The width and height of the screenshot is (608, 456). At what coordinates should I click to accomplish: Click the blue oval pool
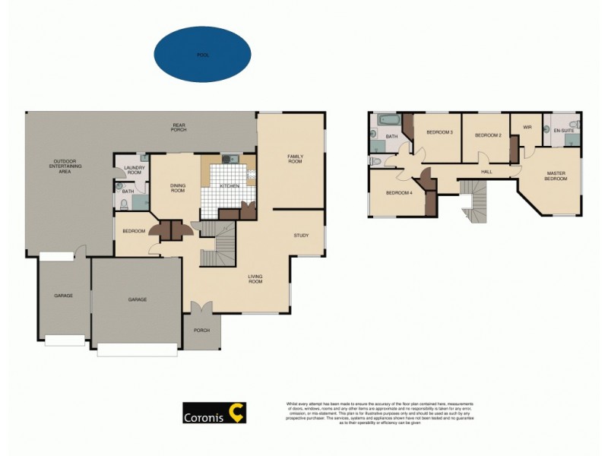click(202, 55)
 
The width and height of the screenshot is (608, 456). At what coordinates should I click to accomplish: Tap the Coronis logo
click(213, 415)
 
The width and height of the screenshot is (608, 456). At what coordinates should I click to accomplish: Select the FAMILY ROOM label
click(295, 159)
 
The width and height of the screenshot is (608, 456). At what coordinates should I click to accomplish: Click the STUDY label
click(301, 236)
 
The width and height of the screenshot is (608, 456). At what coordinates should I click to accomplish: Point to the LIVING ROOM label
click(255, 279)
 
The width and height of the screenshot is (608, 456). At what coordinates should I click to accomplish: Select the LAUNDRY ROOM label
click(135, 171)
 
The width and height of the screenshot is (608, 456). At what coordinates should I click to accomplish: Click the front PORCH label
click(201, 330)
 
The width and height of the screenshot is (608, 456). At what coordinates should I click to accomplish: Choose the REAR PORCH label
click(179, 128)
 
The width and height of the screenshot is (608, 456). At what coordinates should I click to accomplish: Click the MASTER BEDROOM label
click(556, 176)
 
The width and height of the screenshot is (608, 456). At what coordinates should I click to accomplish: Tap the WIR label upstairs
click(526, 127)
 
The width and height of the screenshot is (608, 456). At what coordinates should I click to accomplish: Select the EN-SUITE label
click(563, 131)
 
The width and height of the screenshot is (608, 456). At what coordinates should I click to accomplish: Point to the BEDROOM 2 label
click(488, 135)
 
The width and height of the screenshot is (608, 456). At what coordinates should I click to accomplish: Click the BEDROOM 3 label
click(439, 133)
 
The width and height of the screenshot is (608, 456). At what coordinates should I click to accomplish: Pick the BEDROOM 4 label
click(399, 193)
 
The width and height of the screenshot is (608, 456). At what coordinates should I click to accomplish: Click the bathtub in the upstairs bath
click(387, 120)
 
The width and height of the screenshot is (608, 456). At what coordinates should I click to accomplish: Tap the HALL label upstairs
click(487, 172)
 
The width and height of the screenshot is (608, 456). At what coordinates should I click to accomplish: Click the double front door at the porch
click(201, 309)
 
